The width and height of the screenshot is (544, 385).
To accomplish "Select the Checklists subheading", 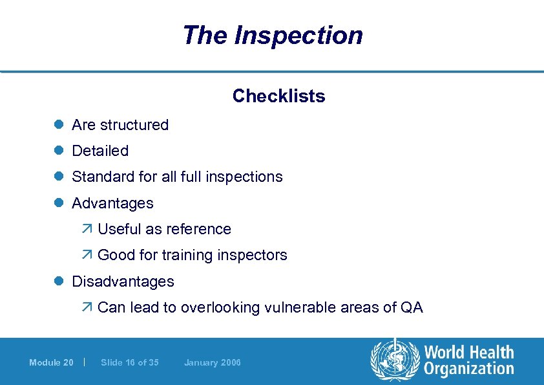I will click(x=278, y=96).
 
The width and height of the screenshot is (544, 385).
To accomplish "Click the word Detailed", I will click(x=100, y=151).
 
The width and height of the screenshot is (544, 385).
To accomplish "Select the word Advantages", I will click(x=112, y=203).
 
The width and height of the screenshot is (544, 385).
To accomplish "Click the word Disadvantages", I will click(x=123, y=281).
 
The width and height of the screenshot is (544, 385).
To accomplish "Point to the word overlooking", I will click(x=220, y=307).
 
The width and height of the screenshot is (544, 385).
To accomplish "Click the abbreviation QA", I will click(x=412, y=307).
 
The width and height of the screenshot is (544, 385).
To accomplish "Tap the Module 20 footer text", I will click(x=51, y=362).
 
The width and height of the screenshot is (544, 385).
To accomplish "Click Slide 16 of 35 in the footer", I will click(x=130, y=362).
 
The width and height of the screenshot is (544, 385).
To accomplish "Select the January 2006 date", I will click(x=212, y=362).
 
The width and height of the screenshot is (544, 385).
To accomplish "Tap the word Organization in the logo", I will click(x=469, y=369).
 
